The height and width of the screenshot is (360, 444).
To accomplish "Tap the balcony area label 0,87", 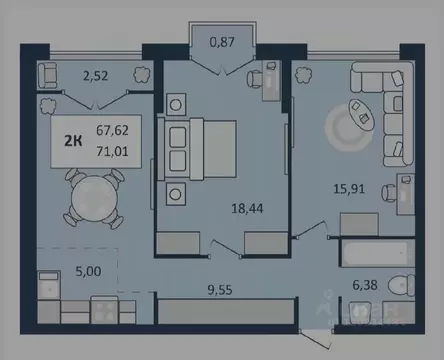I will (221, 42).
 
